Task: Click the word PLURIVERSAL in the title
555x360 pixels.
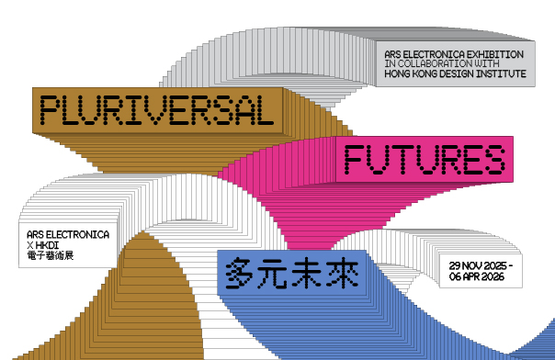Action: (x=157, y=110)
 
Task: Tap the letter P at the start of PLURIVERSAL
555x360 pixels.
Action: (x=51, y=110)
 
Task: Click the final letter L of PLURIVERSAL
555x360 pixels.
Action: (x=264, y=110)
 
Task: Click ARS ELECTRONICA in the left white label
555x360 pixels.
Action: (x=68, y=235)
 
